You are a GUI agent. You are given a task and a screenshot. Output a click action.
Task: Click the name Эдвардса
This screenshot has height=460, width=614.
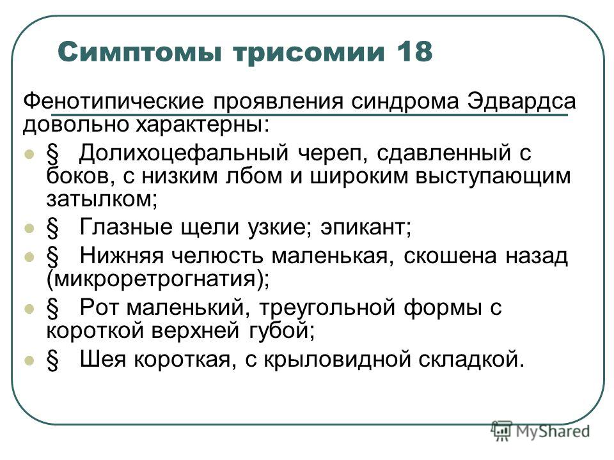point(521,101)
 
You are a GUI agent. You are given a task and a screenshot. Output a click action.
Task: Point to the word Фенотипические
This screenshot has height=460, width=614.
point(114,101)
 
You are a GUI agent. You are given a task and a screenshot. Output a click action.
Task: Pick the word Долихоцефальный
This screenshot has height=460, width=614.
point(184,153)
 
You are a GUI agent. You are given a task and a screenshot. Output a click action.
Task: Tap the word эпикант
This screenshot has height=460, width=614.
point(366,227)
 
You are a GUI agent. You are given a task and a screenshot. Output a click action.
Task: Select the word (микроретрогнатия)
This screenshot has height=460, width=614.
point(158,279)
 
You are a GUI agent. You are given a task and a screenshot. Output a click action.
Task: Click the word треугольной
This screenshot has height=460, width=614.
point(327,308)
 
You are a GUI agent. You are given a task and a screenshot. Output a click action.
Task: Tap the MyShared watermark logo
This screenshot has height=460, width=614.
point(540,431)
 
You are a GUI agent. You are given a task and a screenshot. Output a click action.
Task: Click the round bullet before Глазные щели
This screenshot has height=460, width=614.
point(29,228)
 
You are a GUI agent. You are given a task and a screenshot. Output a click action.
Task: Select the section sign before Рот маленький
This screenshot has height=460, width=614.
point(52,309)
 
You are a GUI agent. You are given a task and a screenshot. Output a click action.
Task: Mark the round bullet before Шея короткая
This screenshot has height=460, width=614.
point(29,360)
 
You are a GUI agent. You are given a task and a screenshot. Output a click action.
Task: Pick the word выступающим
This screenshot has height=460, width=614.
point(492,177)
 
